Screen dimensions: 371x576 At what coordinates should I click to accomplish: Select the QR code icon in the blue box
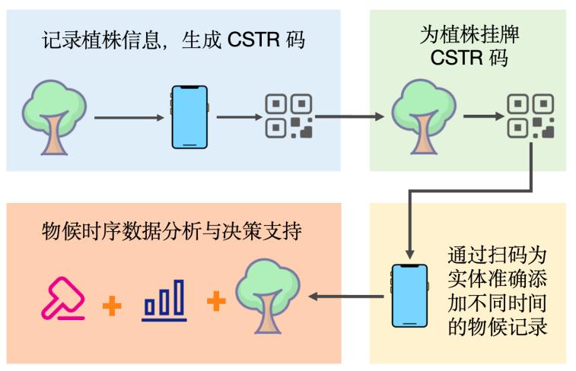click(288, 116)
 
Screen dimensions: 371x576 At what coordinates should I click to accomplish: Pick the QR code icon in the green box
click(530, 116)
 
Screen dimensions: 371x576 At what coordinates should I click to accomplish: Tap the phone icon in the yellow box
click(406, 296)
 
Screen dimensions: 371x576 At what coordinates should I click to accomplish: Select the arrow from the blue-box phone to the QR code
click(237, 118)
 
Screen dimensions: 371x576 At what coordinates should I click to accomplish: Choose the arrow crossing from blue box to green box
click(349, 118)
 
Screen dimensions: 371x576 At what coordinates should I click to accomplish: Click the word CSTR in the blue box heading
click(257, 40)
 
